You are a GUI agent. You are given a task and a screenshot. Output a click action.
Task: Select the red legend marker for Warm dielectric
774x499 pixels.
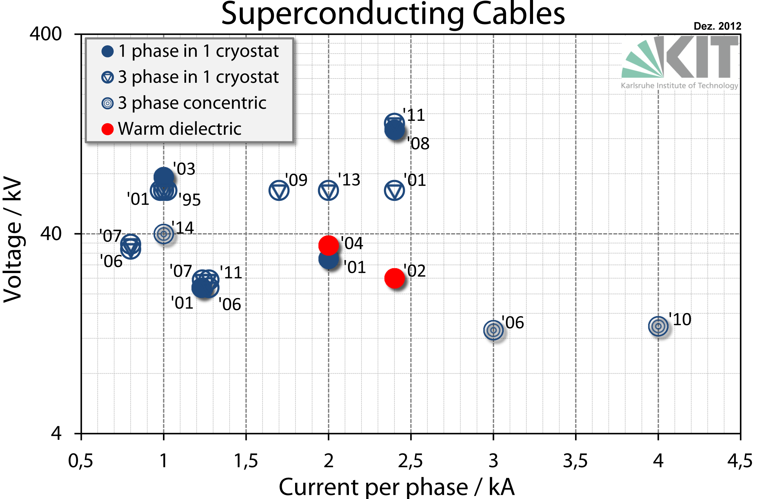[x=107, y=129]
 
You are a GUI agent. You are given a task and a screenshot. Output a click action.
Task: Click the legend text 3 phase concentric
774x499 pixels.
[x=192, y=103]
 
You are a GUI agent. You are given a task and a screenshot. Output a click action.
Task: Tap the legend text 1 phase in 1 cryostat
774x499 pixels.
[x=198, y=51]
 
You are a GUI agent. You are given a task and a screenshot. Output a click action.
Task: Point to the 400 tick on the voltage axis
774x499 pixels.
[x=46, y=34]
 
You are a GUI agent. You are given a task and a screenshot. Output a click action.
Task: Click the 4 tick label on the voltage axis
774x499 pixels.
[x=56, y=433]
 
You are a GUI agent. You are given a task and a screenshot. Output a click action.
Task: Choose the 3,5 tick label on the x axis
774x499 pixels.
[x=575, y=460]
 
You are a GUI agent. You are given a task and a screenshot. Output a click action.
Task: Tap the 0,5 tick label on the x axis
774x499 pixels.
[x=81, y=460]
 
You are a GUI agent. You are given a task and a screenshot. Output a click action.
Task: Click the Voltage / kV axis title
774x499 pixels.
[x=12, y=239]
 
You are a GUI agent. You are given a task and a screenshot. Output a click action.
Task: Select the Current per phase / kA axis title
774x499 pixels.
[x=396, y=487]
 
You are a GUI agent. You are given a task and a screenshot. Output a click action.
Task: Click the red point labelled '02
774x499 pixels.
[x=394, y=278]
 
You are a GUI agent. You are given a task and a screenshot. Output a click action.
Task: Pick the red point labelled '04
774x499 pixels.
[x=328, y=245]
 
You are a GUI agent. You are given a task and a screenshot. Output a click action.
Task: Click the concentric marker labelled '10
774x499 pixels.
[x=658, y=326]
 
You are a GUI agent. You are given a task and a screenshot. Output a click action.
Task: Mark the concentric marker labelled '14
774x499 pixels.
[x=164, y=233]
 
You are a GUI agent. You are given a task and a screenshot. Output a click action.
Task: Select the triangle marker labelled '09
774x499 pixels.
[x=279, y=191]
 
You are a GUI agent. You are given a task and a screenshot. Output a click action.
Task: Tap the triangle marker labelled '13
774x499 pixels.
[x=328, y=191]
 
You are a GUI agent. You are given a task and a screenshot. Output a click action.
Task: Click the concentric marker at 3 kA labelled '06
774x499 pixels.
[x=493, y=330]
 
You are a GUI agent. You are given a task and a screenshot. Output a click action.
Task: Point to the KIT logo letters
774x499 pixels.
[x=702, y=57]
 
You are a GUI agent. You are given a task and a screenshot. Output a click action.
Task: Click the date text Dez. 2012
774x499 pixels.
[x=717, y=26]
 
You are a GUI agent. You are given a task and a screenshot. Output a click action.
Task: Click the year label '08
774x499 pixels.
[x=419, y=143]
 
